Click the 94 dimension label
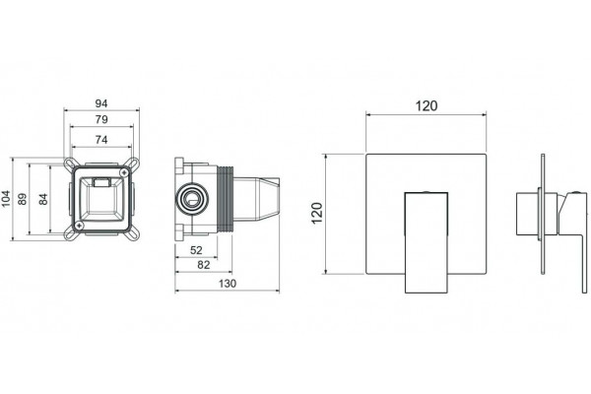[101, 102]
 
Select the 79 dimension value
[101, 119]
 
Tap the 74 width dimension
[101, 140]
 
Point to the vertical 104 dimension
[6, 198]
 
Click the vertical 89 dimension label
[23, 199]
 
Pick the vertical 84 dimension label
[43, 199]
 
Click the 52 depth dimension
[196, 250]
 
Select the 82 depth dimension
[204, 265]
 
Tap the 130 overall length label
[228, 283]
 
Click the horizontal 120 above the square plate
[427, 106]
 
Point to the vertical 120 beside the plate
[317, 213]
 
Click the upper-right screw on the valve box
[124, 172]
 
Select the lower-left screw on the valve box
[79, 226]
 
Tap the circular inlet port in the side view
[192, 198]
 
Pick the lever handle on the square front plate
[427, 242]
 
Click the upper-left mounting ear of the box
[70, 164]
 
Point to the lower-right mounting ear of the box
[132, 232]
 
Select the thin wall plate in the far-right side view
[543, 214]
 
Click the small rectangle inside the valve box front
[101, 183]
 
